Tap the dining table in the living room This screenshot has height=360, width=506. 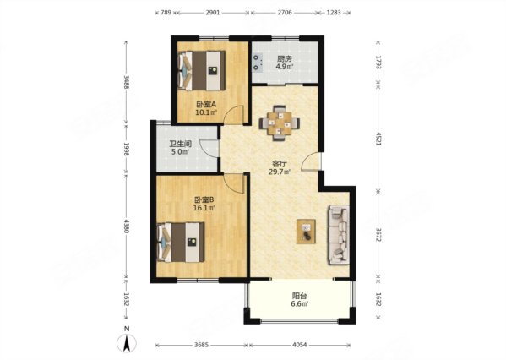(280, 123)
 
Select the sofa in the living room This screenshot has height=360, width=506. (339, 235)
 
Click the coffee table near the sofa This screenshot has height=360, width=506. (306, 232)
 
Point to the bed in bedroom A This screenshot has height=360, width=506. (201, 71)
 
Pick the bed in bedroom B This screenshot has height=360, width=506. (181, 242)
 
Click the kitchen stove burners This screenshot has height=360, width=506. (257, 63)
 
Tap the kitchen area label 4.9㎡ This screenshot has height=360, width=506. (285, 67)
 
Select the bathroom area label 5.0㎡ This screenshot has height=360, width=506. (180, 151)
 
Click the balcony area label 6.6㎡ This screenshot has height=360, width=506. (300, 303)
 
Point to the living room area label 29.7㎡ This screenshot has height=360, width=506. (280, 172)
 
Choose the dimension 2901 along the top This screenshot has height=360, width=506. (213, 13)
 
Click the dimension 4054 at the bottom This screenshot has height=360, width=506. (300, 345)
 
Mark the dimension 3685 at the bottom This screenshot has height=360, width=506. (202, 345)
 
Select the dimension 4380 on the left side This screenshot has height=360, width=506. (126, 226)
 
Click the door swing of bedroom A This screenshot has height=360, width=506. (233, 115)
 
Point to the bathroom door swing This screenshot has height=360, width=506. (209, 148)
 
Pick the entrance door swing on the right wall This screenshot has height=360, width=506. (311, 161)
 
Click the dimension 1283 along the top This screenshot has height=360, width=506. (334, 13)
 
